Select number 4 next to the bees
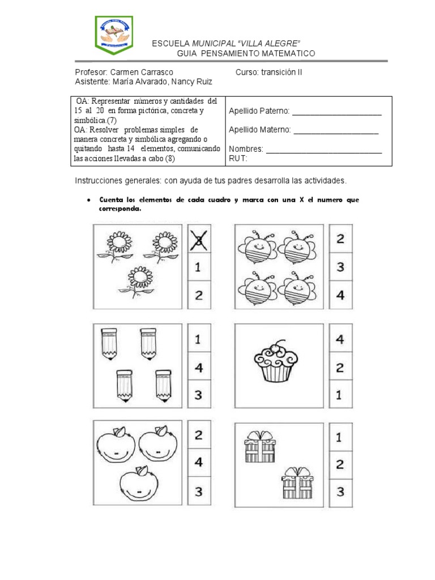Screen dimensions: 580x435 pyautogui.click(x=340, y=295)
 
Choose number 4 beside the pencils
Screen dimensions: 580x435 pyautogui.click(x=198, y=367)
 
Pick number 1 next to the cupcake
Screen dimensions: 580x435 pyautogui.click(x=340, y=395)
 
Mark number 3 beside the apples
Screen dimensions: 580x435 pyautogui.click(x=198, y=491)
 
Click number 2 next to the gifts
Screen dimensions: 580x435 pyautogui.click(x=340, y=464)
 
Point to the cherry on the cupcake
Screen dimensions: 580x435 pyautogui.click(x=276, y=347)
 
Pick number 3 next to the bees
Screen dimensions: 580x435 pyautogui.click(x=340, y=267)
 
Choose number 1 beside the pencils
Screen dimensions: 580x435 pyautogui.click(x=198, y=340)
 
